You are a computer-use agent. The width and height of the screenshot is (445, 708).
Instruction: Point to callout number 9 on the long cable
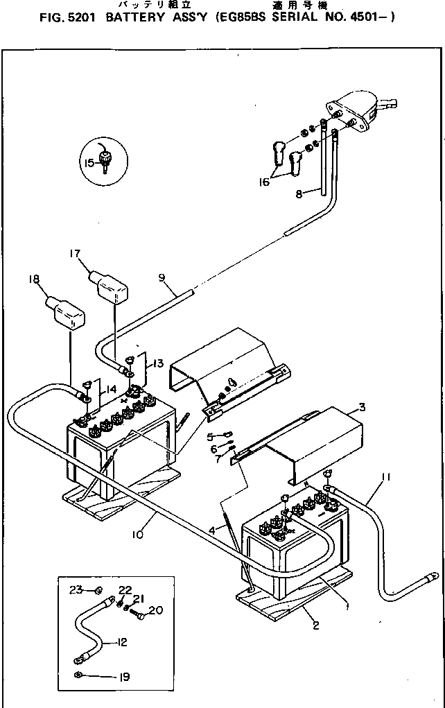coord(162,278)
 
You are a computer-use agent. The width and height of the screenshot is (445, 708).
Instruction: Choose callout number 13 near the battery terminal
coord(158,363)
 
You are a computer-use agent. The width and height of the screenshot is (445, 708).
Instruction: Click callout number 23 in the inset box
coord(76,589)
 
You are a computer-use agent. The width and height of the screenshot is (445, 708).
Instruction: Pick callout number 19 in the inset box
coord(122,676)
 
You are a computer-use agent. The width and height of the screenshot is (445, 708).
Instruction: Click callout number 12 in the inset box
coord(123,642)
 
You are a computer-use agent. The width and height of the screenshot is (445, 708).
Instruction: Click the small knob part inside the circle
coord(106,159)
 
